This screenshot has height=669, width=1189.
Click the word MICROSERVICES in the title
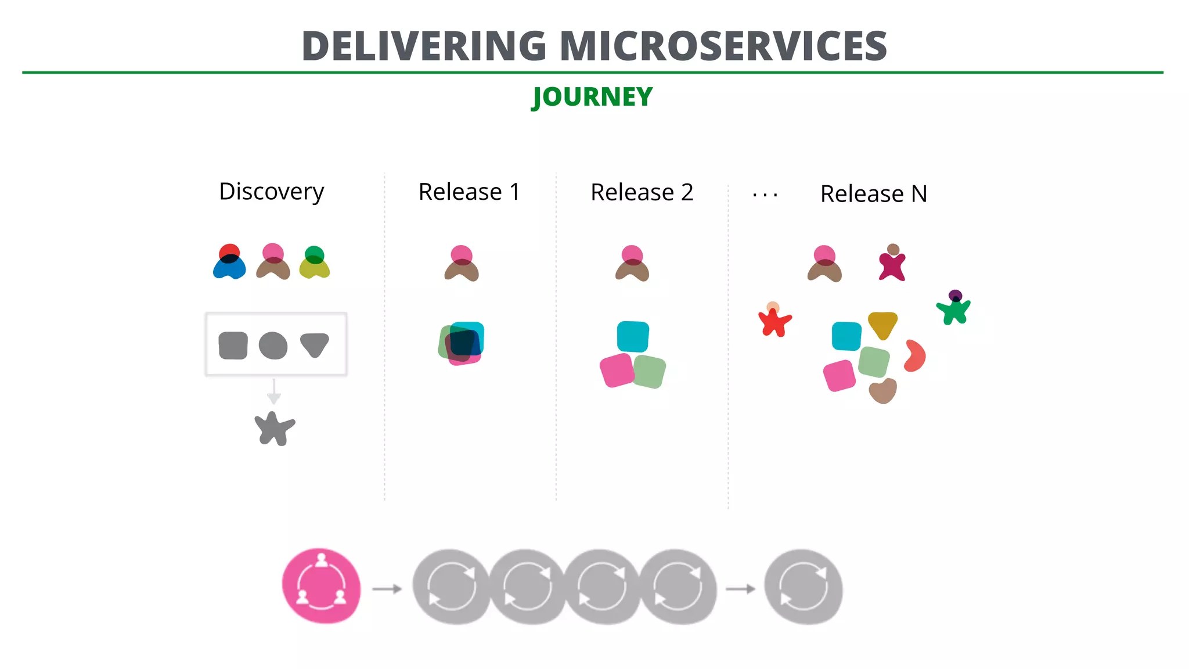723,46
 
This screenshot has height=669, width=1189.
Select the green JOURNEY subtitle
593,97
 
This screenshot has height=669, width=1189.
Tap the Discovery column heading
271,192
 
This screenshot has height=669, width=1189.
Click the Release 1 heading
469,192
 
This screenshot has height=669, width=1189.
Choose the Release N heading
873,194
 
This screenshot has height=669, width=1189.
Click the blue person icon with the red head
229,262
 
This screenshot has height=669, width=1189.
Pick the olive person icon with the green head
314,263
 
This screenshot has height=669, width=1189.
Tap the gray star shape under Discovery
274,429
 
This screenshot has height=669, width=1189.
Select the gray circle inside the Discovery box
273,346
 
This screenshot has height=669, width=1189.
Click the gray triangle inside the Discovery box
315,344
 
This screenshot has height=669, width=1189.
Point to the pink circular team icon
321,586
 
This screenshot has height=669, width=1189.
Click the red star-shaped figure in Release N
774,321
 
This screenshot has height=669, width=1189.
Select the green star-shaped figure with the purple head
954,309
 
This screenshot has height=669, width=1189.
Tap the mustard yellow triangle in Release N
882,325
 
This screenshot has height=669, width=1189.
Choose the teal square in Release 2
632,336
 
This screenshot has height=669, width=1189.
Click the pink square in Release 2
617,371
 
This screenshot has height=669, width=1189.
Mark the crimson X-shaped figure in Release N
892,265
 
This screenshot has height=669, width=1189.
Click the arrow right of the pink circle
387,589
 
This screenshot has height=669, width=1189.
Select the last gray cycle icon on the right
803,587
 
